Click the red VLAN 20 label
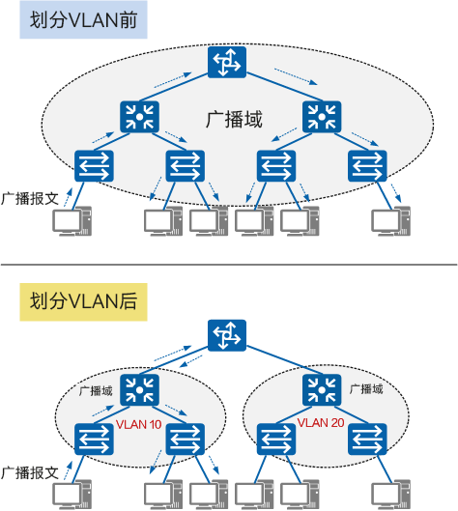320,422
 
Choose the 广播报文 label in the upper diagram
32,197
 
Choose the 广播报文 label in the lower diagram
32,472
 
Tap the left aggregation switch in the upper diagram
140,118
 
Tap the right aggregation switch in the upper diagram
319,118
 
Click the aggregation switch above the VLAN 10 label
140,390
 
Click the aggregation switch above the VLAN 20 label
319,390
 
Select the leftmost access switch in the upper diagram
95,166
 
